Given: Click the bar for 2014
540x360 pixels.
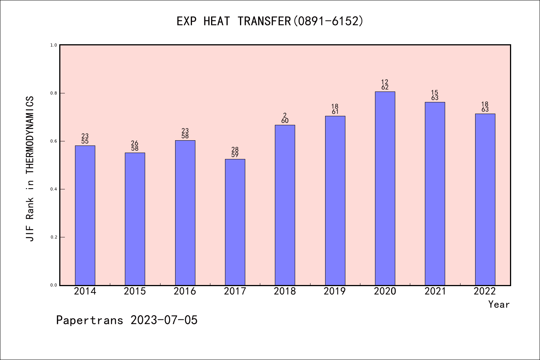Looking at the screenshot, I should coord(85,215).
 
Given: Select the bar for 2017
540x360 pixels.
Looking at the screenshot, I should coord(235,222).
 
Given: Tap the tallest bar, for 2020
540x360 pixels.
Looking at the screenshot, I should coord(385,188).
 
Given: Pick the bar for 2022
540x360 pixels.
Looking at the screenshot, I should coord(485,199).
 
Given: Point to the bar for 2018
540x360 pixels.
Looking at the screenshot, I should coord(285,205).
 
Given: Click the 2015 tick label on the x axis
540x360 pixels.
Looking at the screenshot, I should coord(135,291).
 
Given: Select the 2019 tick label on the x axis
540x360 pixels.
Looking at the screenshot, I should coord(335,291).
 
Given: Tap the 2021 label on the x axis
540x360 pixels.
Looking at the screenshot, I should coord(435,291).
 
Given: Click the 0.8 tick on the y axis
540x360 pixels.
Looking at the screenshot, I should coord(54,93).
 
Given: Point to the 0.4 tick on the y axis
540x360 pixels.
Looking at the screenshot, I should coord(54,189).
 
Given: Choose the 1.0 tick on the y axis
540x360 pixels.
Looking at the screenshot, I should coord(54,45).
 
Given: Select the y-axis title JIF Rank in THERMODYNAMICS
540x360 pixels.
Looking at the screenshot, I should coord(30,169).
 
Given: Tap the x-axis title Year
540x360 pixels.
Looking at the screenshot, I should coord(499,304).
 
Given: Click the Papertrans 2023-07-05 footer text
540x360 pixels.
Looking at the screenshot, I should coord(127,320).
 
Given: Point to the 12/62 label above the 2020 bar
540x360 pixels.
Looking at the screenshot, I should coord(385,85).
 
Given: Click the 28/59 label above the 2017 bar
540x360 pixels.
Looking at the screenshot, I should coord(235,152).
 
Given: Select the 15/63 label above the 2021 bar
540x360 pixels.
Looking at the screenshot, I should coord(435,95).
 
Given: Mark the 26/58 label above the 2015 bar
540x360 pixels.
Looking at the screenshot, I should coord(135,146).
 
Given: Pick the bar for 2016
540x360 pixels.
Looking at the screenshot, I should coord(185,213).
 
